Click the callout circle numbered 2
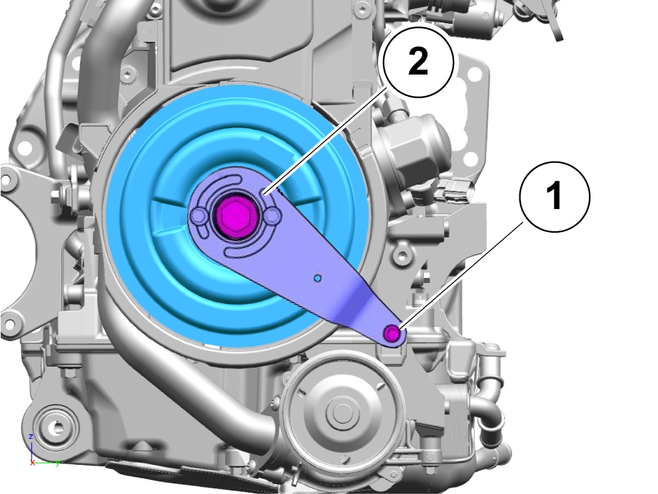coord(418,63)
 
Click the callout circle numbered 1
coord(555,197)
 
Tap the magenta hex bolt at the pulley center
coord(235,215)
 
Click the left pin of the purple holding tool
coord(197,217)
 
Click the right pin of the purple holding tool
coord(272,216)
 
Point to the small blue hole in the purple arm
coord(318,278)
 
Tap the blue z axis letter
coord(31,436)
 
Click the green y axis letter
coord(58,462)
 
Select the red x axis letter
coord(33,463)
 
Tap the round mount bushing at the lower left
coord(55,428)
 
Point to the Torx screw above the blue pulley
coord(129,76)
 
